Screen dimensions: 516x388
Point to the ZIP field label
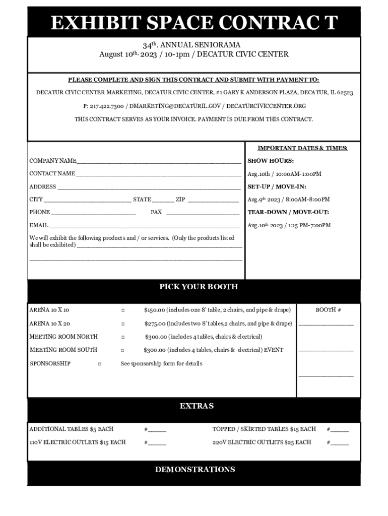click(x=180, y=200)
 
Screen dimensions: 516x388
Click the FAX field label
click(x=156, y=212)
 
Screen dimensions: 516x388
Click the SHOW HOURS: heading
click(x=271, y=161)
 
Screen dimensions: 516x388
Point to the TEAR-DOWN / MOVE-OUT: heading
click(x=288, y=212)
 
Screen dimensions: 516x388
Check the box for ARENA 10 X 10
click(x=123, y=310)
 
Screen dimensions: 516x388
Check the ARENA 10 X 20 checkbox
click(x=123, y=324)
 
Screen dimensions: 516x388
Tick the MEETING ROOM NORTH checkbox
click(x=123, y=337)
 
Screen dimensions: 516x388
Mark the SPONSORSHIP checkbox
click(x=99, y=364)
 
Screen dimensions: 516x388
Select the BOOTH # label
click(x=329, y=310)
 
